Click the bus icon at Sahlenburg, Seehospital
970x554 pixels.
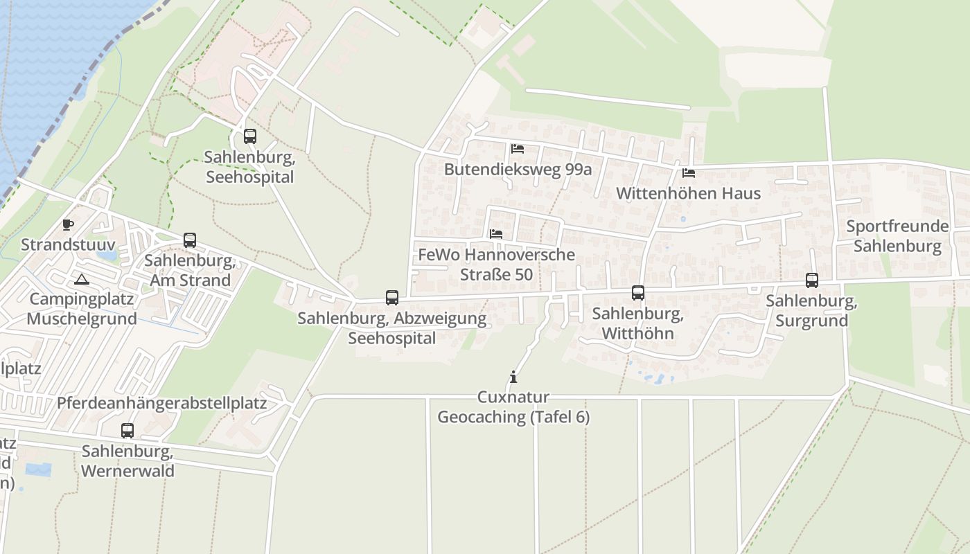coord(250,136)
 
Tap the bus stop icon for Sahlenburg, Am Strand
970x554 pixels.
coord(190,240)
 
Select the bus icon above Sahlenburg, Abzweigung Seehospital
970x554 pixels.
coord(392,298)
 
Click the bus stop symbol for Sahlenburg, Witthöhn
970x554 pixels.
coord(638,293)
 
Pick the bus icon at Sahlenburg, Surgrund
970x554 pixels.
coord(812,280)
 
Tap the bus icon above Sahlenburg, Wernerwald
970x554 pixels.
coord(127,431)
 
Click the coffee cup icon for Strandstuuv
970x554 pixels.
coord(68,224)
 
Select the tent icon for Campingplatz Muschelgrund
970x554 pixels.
coord(82,280)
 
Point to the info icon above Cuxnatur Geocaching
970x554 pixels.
coord(513,377)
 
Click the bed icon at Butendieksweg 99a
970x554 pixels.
coord(518,149)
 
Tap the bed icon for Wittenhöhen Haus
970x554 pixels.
coord(689,173)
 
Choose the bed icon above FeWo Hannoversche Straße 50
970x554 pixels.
coord(496,234)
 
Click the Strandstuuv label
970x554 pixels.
coord(68,244)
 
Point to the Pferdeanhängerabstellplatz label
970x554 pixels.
coord(162,403)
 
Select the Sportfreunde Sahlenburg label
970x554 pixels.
coord(897,236)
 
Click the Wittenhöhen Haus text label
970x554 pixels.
coord(689,193)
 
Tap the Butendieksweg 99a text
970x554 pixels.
coord(518,169)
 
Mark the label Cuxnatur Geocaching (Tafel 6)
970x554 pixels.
coord(513,407)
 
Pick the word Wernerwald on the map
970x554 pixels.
coord(127,471)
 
